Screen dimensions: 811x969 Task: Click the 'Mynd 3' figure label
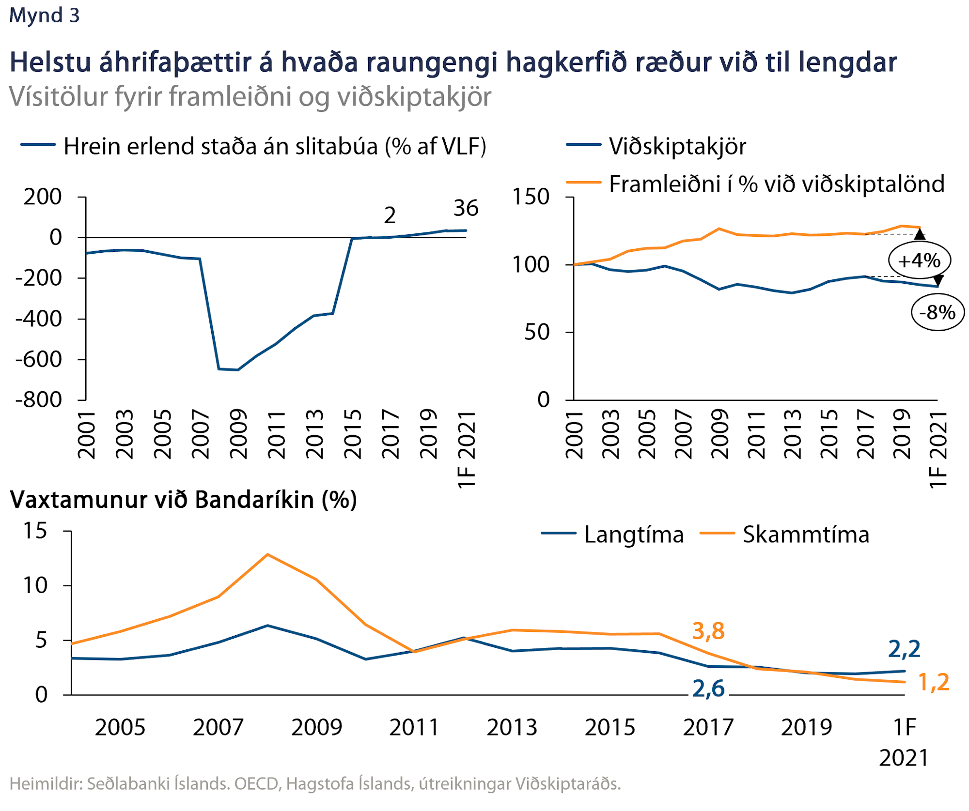(x=44, y=15)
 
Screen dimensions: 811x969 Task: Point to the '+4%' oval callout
(x=919, y=260)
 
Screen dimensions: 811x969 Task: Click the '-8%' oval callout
(x=938, y=313)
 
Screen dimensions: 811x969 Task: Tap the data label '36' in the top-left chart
(x=466, y=208)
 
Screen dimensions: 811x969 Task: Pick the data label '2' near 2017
(x=390, y=215)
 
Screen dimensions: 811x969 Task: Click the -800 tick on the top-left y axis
(x=39, y=400)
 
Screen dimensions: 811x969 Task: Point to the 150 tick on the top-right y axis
(x=531, y=197)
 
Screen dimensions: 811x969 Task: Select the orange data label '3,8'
(x=708, y=631)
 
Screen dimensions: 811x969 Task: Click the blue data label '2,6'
(x=708, y=689)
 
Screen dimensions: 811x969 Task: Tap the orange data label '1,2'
(x=933, y=682)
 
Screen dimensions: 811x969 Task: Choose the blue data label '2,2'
(x=904, y=649)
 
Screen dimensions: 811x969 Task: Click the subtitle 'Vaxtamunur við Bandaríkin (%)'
(x=183, y=500)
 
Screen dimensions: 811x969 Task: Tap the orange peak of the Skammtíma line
(x=267, y=554)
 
